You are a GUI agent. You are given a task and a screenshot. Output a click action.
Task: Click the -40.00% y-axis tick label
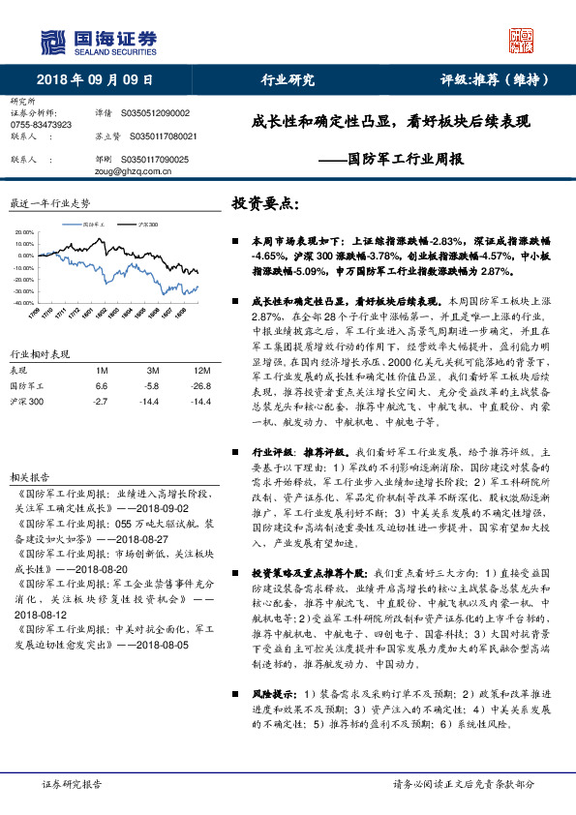[22, 303]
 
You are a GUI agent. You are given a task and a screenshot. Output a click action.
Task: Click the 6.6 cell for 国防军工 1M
[102, 385]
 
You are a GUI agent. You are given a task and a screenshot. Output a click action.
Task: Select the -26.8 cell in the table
[201, 385]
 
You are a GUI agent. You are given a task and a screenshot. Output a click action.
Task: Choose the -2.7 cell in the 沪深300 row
[101, 400]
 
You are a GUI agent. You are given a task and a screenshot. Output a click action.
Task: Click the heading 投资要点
[264, 205]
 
